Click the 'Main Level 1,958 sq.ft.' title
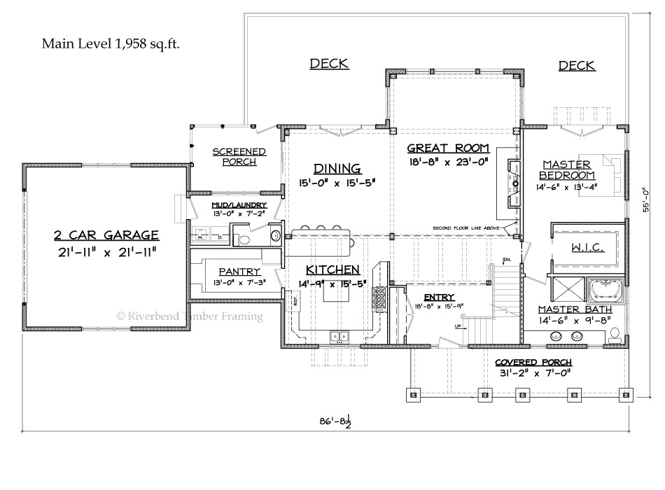pos(111,44)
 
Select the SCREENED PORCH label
pos(239,156)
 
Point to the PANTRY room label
pos(239,272)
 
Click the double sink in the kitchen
pos(340,337)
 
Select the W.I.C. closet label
pos(583,248)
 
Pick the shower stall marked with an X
pos(568,289)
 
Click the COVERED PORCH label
pos(533,362)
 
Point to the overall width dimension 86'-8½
pos(335,421)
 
